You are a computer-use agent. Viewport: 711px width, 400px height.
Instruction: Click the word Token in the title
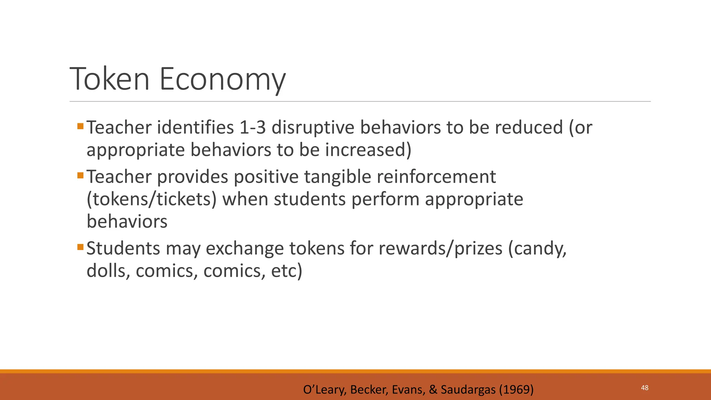pos(110,79)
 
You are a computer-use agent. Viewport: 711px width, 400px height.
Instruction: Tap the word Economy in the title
pos(222,80)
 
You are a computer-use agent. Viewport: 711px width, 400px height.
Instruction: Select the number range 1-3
pos(252,127)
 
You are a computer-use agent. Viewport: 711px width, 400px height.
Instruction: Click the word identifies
pos(195,127)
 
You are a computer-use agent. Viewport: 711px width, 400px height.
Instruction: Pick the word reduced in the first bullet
pos(528,127)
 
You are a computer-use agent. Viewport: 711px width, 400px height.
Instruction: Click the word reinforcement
pos(436,177)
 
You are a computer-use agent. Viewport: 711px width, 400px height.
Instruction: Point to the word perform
pos(385,199)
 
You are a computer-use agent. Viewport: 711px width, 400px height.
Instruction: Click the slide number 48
pos(645,388)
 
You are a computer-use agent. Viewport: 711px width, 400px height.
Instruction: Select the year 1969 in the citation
pos(516,390)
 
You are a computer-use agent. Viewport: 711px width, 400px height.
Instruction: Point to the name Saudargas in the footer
pos(468,390)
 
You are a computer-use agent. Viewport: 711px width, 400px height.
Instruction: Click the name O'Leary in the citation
pos(324,390)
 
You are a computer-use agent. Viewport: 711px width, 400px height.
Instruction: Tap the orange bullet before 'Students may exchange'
pos(81,247)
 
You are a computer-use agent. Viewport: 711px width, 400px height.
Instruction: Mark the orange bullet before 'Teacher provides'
pos(81,175)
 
